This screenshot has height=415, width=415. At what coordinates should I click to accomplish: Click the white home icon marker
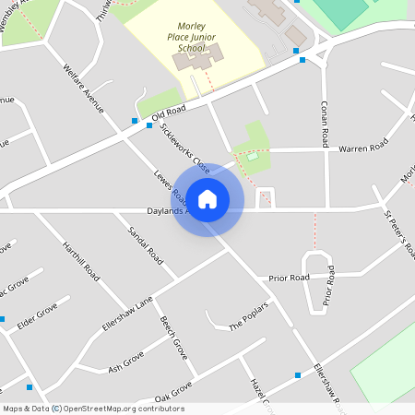click(207, 199)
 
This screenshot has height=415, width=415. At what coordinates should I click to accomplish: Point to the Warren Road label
click(361, 148)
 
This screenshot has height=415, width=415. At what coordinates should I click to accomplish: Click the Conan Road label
click(326, 124)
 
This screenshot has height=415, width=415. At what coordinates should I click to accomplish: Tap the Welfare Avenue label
click(84, 89)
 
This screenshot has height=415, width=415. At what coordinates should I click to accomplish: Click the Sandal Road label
click(145, 245)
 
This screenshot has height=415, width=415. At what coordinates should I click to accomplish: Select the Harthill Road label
click(81, 261)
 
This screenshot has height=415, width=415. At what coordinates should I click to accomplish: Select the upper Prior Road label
click(289, 277)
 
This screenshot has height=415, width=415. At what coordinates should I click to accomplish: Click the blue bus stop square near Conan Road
click(302, 60)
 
